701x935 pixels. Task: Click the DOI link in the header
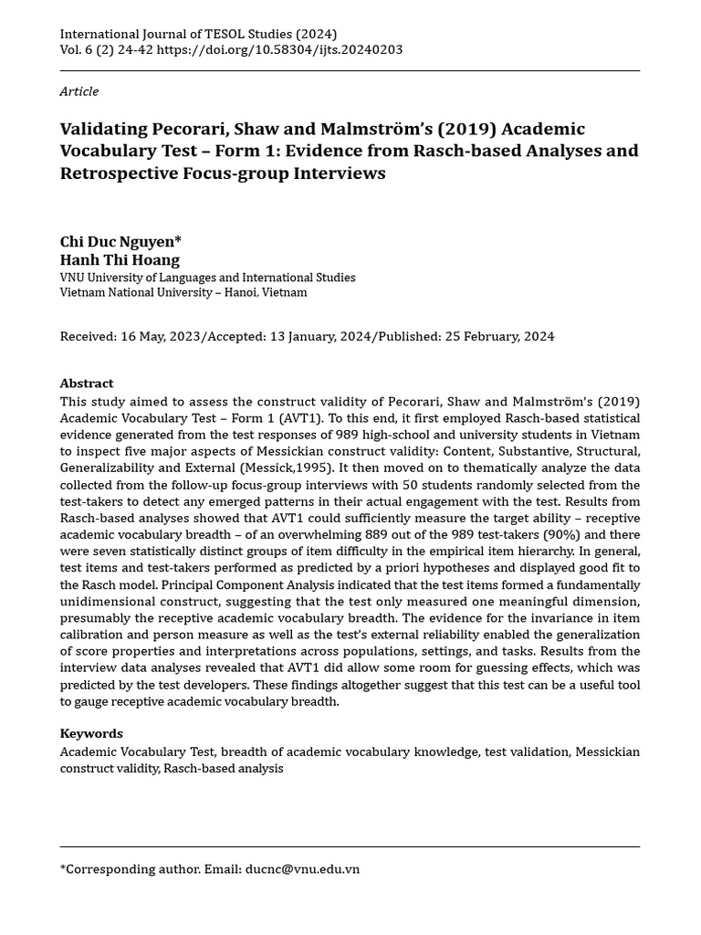[279, 50]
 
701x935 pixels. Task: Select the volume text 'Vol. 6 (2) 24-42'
[106, 50]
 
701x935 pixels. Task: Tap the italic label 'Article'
[79, 91]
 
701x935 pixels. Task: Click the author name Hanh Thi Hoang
[120, 260]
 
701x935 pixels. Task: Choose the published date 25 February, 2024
[499, 336]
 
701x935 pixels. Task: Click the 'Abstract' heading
[87, 383]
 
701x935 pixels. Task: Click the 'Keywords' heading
[91, 733]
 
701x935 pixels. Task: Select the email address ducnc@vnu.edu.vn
[302, 869]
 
